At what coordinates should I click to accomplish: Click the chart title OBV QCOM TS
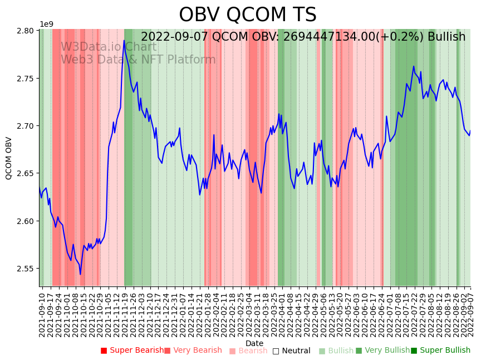[248, 15]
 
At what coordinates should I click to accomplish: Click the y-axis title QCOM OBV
[9, 158]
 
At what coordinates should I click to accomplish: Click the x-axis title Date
[254, 343]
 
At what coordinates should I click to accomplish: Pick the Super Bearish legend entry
[132, 351]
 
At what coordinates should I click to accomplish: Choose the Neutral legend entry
[291, 351]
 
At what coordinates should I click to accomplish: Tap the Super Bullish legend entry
[440, 351]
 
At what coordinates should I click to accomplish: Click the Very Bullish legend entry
[382, 351]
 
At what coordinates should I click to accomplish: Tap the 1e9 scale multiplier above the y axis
[46, 24]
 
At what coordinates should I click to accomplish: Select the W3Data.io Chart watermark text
[109, 47]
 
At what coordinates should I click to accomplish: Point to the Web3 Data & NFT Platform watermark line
[138, 60]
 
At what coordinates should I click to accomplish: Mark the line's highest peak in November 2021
[124, 40]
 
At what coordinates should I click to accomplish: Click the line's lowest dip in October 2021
[80, 274]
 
